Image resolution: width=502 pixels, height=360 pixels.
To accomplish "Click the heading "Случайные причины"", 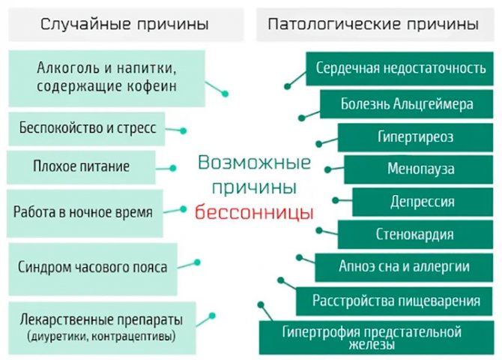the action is click(x=124, y=24).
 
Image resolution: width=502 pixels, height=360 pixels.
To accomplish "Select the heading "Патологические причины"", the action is click(x=373, y=24).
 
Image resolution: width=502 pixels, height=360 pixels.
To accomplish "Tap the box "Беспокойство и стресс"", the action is click(x=87, y=129).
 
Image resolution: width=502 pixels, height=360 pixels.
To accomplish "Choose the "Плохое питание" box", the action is click(x=82, y=167).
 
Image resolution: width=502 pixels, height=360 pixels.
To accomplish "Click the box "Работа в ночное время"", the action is click(x=85, y=213).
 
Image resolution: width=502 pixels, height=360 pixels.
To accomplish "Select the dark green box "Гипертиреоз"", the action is click(x=415, y=137).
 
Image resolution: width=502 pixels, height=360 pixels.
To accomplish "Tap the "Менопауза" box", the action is click(x=419, y=169).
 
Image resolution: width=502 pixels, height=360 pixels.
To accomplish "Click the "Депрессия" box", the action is click(x=423, y=202).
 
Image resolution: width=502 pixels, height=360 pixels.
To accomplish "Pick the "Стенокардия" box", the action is click(x=415, y=234).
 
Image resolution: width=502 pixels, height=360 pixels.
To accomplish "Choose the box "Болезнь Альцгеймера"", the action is click(x=407, y=104).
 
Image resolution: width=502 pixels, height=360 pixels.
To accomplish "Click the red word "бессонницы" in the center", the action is click(x=254, y=212).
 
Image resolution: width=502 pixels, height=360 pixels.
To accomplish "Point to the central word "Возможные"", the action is click(x=255, y=163).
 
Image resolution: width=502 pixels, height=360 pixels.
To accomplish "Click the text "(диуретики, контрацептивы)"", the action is click(x=101, y=336).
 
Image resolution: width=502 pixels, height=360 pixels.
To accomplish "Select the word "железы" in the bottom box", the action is click(x=372, y=345).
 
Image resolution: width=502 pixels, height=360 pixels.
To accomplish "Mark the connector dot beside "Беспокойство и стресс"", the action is click(x=183, y=130).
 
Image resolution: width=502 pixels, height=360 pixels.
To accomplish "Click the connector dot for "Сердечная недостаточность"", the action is click(x=287, y=86).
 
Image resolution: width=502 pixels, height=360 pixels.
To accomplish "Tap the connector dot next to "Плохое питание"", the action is click(x=173, y=168).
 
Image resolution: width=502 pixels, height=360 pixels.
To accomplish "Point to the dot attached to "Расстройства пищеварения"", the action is click(x=281, y=280).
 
